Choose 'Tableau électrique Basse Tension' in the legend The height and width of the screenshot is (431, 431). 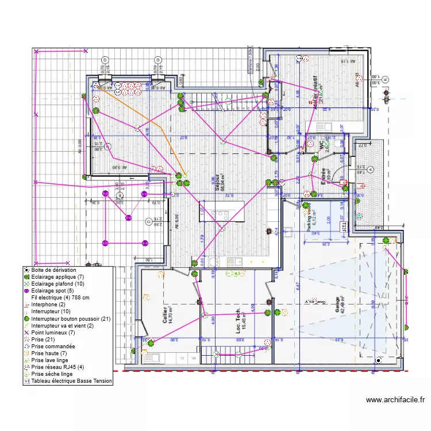[71, 380]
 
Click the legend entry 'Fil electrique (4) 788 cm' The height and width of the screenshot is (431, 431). [60, 298]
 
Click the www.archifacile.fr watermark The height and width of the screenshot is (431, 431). [395, 400]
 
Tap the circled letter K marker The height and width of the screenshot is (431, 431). [386, 79]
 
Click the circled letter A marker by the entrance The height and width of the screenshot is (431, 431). [370, 170]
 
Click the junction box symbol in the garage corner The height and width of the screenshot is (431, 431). [378, 360]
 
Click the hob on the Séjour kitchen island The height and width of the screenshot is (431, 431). [219, 214]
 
